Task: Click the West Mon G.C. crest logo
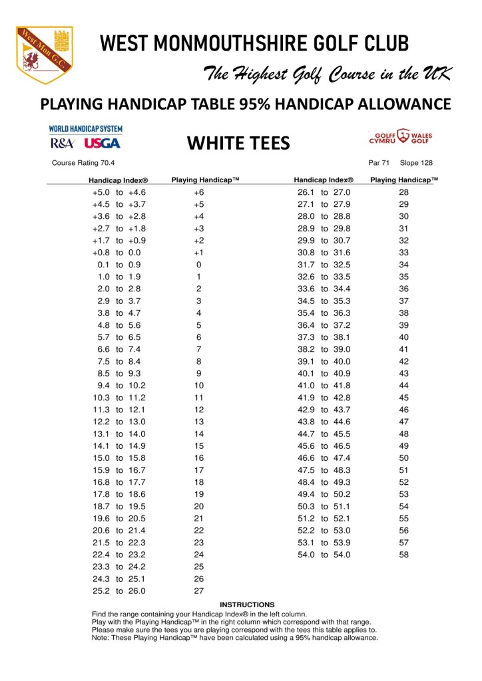[45, 55]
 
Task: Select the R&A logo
[63, 143]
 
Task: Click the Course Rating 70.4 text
[83, 162]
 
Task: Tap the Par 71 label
[378, 162]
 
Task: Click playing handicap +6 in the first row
[198, 192]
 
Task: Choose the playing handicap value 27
[198, 591]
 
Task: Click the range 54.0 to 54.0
[324, 555]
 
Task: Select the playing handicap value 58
[403, 555]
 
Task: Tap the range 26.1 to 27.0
[324, 192]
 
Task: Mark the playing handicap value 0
[198, 265]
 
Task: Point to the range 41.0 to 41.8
[324, 385]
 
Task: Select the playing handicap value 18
[198, 482]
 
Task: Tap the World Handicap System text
[85, 128]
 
